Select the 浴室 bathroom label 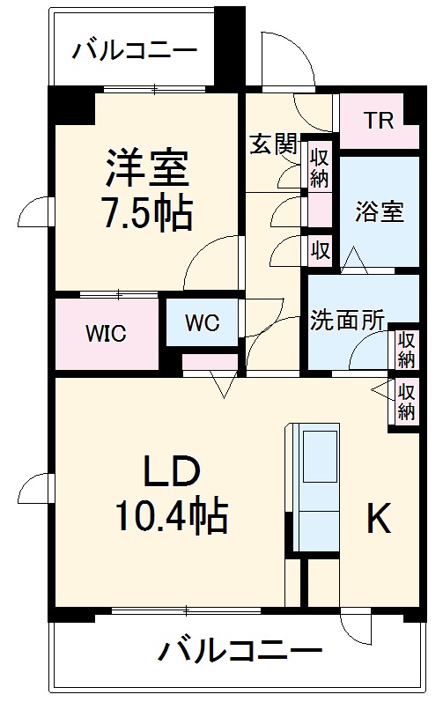(x=380, y=211)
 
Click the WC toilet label (x=202, y=321)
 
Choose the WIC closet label (x=106, y=334)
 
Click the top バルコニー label (x=135, y=49)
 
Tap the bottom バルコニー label (x=240, y=653)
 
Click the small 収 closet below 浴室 (x=319, y=249)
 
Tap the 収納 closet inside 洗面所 (x=406, y=349)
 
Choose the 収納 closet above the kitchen (x=406, y=401)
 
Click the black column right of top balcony (x=231, y=44)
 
